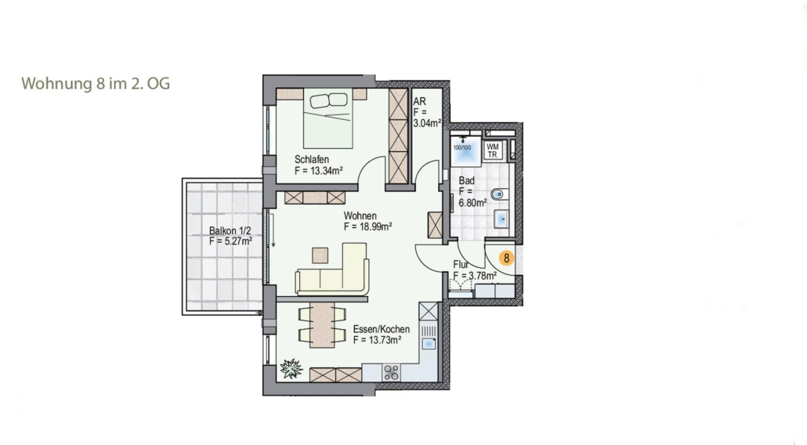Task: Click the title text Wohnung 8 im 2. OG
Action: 96,83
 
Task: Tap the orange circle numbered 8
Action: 506,258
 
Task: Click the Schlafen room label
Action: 311,160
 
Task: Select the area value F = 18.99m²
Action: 368,226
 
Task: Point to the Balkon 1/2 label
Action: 230,230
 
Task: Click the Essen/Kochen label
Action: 382,329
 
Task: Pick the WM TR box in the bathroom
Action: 493,150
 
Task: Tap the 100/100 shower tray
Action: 465,150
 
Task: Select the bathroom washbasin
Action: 501,219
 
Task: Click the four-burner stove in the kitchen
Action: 391,372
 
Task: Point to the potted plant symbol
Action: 291,368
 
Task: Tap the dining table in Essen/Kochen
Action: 322,325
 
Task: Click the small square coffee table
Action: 320,255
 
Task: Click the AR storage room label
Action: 419,101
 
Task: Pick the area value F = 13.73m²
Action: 377,340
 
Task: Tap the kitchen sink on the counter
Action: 429,344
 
